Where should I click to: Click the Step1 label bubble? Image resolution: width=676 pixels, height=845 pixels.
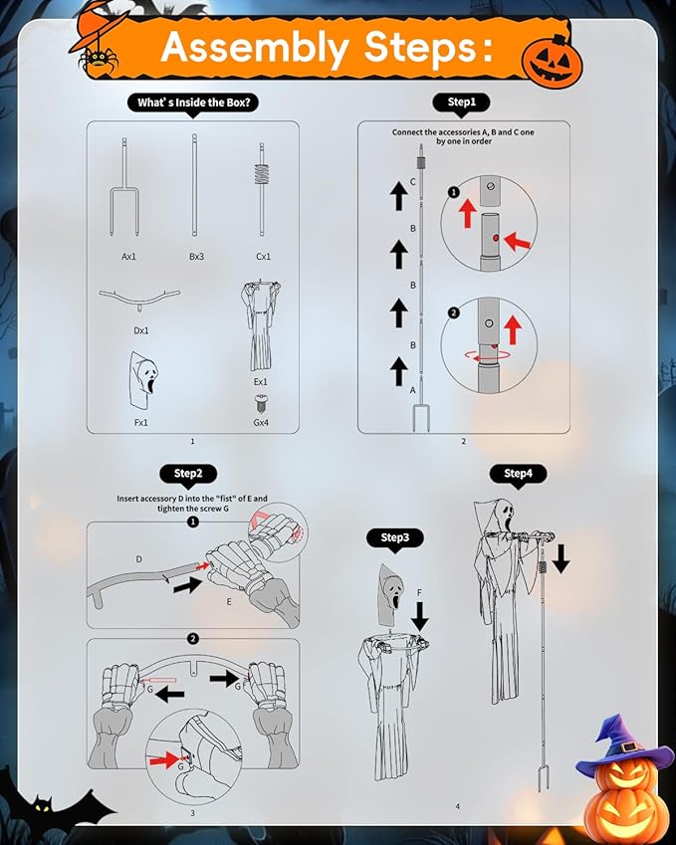point(461,103)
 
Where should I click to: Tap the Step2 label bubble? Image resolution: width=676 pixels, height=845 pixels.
point(188,474)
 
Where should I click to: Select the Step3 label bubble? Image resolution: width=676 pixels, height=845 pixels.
point(394,537)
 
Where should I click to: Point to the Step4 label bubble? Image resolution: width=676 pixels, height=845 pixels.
point(518,474)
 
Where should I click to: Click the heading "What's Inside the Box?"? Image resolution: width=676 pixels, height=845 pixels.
point(193,103)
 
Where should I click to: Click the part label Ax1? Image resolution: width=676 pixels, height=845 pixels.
point(128,257)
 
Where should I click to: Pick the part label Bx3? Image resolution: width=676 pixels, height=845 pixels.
point(197,257)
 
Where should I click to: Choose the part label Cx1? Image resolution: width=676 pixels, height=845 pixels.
point(263,257)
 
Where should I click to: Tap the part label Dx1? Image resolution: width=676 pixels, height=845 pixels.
point(140,330)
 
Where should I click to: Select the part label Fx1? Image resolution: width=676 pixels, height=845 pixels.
point(140,423)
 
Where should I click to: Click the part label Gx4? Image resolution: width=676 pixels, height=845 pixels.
point(261,423)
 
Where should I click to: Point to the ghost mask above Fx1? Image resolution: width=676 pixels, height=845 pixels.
point(142,381)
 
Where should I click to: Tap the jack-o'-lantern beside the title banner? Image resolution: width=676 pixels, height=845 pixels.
point(553,63)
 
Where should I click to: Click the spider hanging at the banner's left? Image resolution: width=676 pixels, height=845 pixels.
point(99,61)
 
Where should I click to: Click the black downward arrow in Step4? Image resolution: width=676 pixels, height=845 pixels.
point(561,558)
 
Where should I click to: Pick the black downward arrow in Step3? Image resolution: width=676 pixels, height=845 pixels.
point(419,616)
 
